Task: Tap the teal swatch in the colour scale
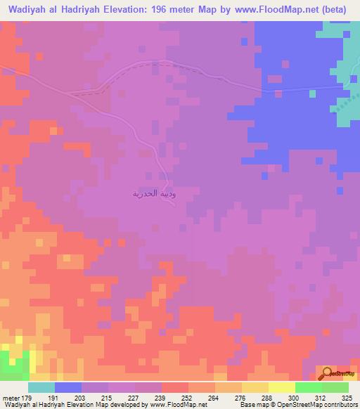[41, 387]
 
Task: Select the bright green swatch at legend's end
[335, 387]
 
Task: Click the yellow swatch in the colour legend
[281, 387]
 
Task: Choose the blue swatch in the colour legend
[68, 387]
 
